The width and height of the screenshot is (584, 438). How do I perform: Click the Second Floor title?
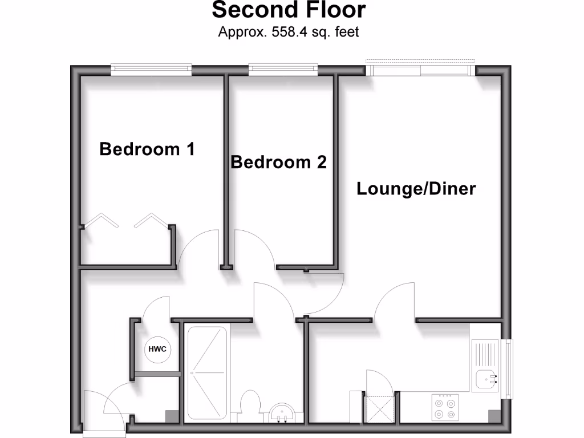(x=289, y=10)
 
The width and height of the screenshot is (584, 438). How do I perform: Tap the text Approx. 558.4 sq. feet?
(x=289, y=32)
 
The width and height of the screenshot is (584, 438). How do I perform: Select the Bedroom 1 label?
(x=147, y=149)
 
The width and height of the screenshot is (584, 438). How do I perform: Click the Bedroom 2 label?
(x=278, y=163)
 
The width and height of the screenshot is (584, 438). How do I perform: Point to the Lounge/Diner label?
(x=416, y=189)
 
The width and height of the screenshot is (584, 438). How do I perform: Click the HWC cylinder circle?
(x=157, y=349)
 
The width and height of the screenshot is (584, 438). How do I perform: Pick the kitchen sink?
(x=485, y=378)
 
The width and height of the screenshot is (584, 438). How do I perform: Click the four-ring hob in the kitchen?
(x=445, y=407)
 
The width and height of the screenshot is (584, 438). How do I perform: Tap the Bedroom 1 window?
(x=151, y=69)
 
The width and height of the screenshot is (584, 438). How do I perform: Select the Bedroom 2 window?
(x=283, y=69)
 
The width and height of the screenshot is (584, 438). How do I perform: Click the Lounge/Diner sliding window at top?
(x=420, y=70)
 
